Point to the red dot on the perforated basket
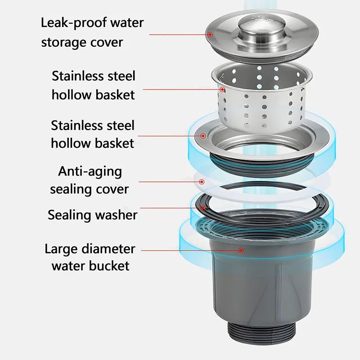pyautogui.click(x=222, y=90)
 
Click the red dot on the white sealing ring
pyautogui.click(x=202, y=182)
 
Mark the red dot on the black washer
pyautogui.click(x=203, y=208)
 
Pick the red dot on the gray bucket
pyautogui.click(x=241, y=250)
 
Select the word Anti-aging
pyautogui.click(x=90, y=171)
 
